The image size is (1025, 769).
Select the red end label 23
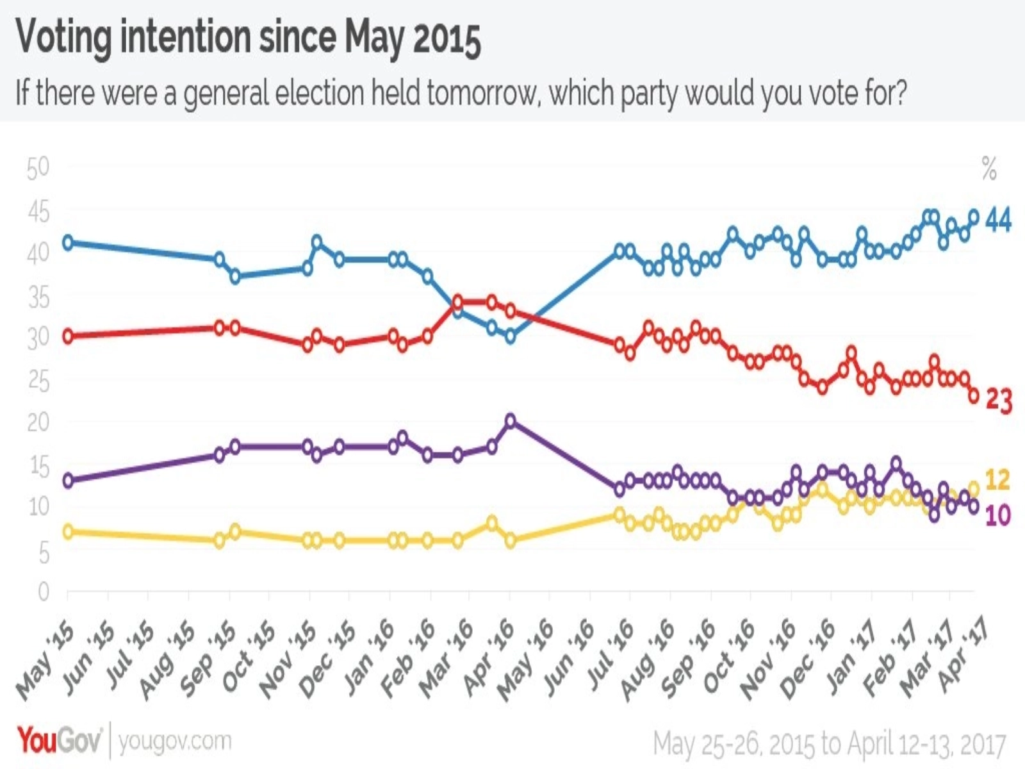[998, 401]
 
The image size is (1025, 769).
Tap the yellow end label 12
[997, 479]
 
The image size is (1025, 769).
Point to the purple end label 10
[997, 515]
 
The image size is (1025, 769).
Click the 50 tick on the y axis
[38, 168]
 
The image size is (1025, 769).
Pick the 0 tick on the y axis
[43, 591]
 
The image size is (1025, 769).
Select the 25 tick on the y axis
[38, 381]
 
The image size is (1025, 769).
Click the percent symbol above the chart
[989, 169]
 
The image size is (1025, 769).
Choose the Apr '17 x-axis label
[965, 657]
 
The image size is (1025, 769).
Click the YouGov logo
[59, 741]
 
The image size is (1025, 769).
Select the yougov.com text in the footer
[174, 741]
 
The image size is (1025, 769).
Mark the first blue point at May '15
[67, 242]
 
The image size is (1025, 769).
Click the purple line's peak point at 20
[511, 420]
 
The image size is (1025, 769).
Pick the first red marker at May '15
[67, 336]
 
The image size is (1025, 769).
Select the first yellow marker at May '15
[67, 531]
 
